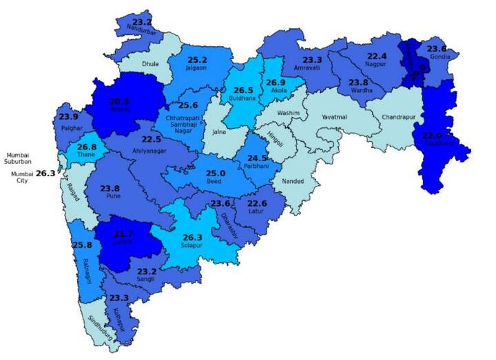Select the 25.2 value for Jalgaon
click(x=197, y=60)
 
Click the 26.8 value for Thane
click(x=87, y=147)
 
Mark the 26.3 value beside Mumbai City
click(x=45, y=174)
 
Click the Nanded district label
click(x=293, y=182)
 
